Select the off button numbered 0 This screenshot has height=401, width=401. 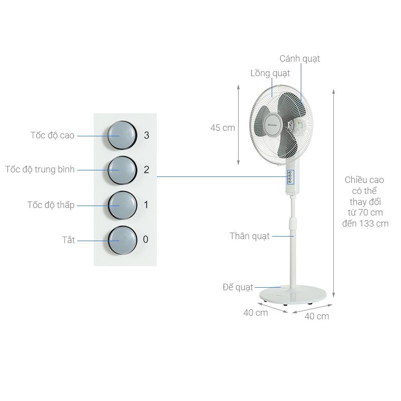coord(122,240)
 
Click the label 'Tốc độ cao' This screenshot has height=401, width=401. coord(53,135)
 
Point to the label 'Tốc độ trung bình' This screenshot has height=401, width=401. coord(40,169)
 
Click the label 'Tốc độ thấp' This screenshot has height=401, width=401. coord(51,205)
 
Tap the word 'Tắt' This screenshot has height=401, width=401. coord(68,240)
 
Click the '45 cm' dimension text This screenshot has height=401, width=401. coord(223,128)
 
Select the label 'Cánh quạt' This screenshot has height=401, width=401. coord(299,59)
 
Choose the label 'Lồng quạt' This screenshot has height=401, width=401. coord(270,73)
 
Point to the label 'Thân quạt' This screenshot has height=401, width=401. coord(250,236)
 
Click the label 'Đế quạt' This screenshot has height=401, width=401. coord(238,287)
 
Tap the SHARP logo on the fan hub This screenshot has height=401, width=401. coord(273,124)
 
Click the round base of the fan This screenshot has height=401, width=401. coord(293,295)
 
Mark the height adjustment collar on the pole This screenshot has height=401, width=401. coord(292,224)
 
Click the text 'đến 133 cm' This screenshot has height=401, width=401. coord(365,224)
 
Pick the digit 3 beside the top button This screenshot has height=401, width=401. coord(146,135)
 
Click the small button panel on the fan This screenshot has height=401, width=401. coord(290,177)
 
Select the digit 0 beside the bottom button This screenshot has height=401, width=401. coord(145,240)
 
